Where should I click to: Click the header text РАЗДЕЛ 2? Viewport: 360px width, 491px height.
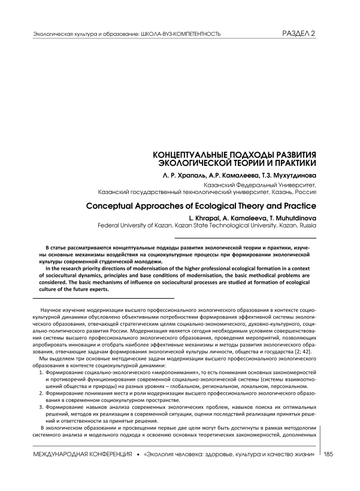pos(298,34)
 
